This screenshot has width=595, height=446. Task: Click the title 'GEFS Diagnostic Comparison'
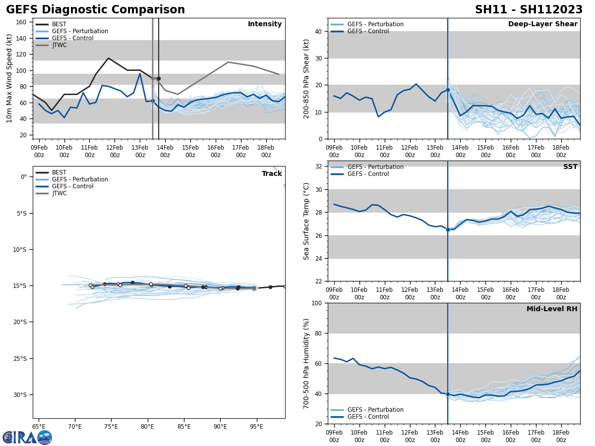tap(95, 10)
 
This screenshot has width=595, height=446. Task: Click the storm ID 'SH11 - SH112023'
tap(529, 10)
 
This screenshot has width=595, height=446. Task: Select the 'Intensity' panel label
tap(265, 24)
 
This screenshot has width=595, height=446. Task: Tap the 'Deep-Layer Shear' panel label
tap(542, 24)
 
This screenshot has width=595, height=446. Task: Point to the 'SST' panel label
tap(570, 167)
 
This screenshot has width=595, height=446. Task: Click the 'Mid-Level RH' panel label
tap(552, 309)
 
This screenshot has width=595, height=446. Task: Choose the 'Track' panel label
tap(272, 174)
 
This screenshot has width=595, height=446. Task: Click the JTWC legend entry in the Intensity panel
tap(59, 45)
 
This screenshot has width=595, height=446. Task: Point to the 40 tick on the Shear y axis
tap(318, 31)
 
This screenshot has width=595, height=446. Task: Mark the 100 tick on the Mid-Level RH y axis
tap(316, 303)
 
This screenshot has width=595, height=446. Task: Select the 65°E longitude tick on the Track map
tap(39, 426)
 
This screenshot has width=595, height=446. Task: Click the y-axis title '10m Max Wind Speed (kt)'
tap(9, 78)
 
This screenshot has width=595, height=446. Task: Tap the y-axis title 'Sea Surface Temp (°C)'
tap(306, 221)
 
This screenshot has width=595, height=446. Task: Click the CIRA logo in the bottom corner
tap(27, 437)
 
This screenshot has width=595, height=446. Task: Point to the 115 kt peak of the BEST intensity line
tap(108, 58)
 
